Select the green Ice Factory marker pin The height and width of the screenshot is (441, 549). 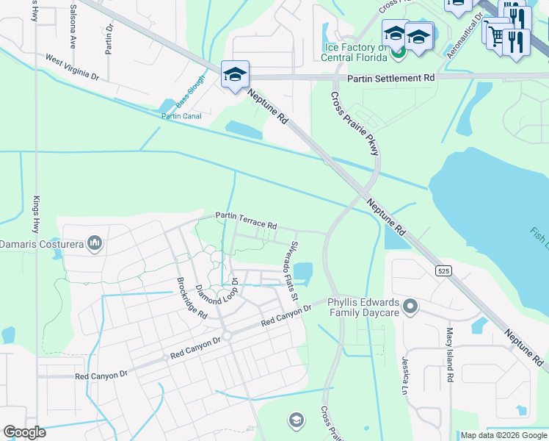pyautogui.click(x=398, y=51)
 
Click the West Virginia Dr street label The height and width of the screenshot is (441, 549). pyautogui.click(x=72, y=65)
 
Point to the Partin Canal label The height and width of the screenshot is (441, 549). pyautogui.click(x=181, y=115)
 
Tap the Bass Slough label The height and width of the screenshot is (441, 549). pyautogui.click(x=190, y=97)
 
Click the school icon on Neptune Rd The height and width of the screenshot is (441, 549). pyautogui.click(x=236, y=75)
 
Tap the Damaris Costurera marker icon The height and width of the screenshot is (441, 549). pyautogui.click(x=94, y=243)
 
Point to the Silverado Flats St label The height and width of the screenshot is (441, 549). pyautogui.click(x=293, y=270)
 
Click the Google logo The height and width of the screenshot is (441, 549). pyautogui.click(x=24, y=432)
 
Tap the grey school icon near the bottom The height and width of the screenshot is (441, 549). pyautogui.click(x=296, y=420)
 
